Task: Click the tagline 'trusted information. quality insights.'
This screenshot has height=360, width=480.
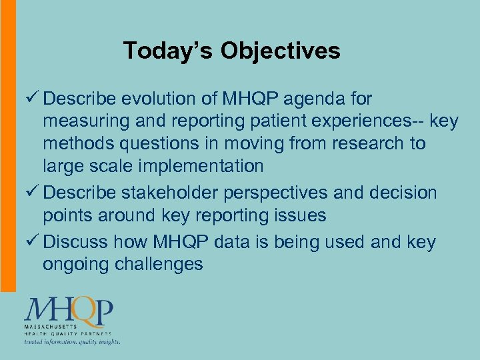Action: (72, 341)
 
